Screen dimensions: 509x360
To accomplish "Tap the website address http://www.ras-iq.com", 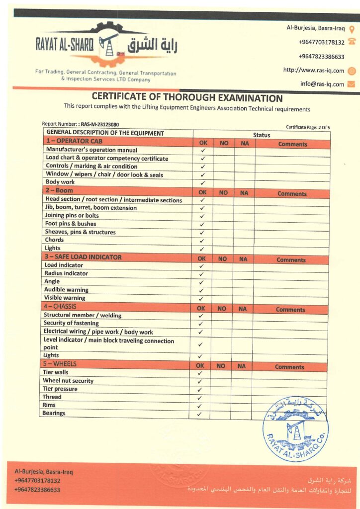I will click(314, 70).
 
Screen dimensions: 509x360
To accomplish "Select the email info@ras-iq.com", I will click(322, 84).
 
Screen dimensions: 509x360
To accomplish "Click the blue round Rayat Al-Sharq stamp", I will click(295, 429).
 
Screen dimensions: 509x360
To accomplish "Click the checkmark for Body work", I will click(202, 183).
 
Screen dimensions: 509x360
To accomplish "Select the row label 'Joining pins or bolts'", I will click(72, 216).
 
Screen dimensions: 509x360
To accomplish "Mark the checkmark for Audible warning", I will click(201, 290).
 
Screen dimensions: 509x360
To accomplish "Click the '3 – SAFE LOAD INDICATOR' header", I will click(83, 257).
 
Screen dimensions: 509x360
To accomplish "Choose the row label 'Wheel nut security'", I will click(68, 381).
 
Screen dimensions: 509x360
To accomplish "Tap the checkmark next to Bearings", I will click(199, 414).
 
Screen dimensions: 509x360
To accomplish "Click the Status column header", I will click(262, 135).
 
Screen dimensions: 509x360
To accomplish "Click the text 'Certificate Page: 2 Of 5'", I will click(308, 128).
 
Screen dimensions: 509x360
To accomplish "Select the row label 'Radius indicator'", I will click(66, 273).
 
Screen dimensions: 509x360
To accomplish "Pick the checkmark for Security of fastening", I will click(201, 324).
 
